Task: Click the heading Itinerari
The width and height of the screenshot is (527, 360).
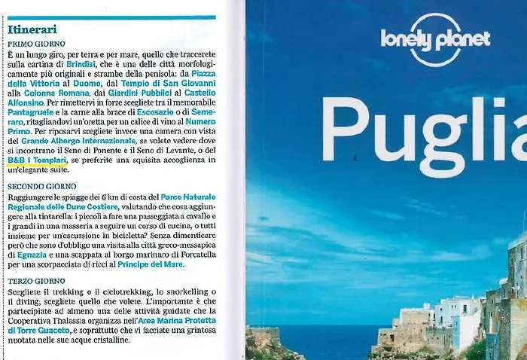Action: (x=33, y=29)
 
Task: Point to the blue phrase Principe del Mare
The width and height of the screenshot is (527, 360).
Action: (x=150, y=264)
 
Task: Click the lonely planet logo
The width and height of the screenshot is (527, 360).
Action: (x=435, y=39)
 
